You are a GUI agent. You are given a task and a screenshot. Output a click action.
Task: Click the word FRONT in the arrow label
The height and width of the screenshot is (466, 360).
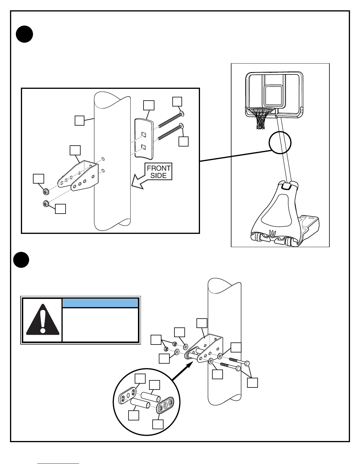[x=159, y=168]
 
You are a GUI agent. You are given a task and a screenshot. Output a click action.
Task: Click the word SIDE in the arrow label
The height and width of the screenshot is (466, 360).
[x=159, y=176]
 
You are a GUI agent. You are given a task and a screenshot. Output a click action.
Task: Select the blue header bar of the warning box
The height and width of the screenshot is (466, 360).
[x=100, y=303]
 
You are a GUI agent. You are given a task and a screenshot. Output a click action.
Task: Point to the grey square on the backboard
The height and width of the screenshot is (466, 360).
[x=274, y=95]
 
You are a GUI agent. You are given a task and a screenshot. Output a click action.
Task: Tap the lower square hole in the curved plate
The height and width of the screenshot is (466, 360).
[x=144, y=146]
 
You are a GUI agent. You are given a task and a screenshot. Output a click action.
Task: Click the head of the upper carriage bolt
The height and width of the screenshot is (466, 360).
[x=182, y=113]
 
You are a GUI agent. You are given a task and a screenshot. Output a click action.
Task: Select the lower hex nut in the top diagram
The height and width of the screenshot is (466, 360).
[x=46, y=203]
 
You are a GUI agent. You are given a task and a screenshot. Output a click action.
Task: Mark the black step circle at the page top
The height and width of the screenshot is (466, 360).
[x=24, y=34]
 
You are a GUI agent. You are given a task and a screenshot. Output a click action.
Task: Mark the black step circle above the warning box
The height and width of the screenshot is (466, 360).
[x=21, y=260]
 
